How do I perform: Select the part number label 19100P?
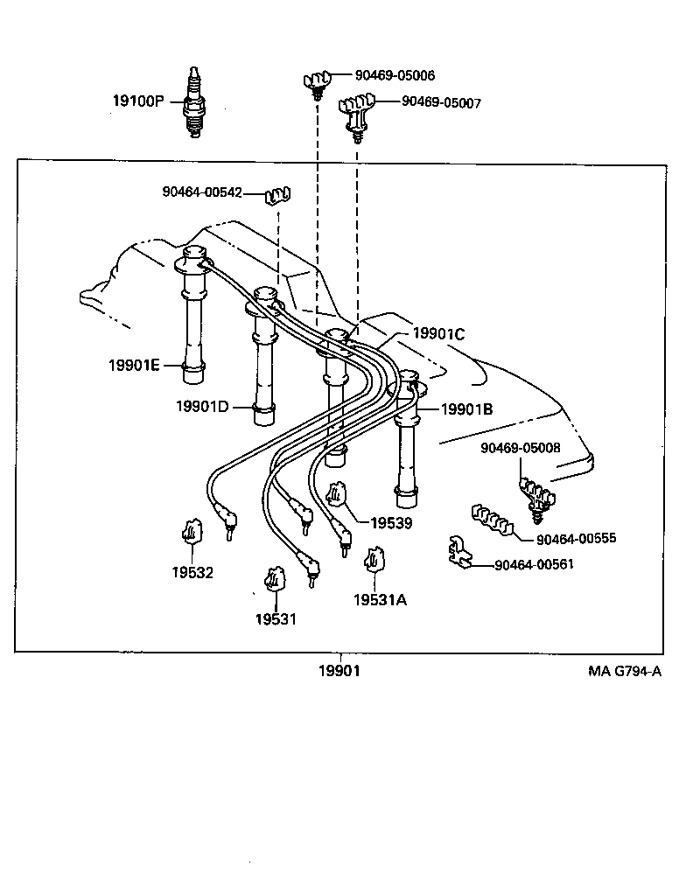137,101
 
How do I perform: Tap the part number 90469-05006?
395,76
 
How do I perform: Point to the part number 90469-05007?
441,102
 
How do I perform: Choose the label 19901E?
134,365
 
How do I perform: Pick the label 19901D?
202,406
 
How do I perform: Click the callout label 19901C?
438,333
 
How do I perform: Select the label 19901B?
466,409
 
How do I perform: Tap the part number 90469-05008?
521,448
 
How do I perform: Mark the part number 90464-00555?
576,538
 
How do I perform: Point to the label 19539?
390,523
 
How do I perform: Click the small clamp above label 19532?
192,532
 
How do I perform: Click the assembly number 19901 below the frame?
338,671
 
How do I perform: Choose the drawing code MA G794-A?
624,672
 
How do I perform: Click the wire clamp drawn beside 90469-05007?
358,113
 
